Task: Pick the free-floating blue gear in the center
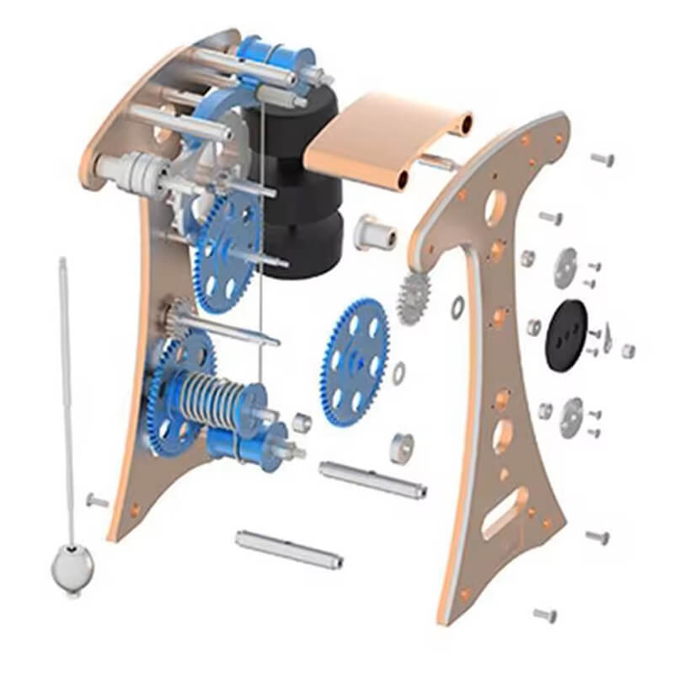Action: pyautogui.click(x=357, y=356)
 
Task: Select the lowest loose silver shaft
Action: pyautogui.click(x=288, y=548)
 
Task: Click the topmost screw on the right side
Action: pyautogui.click(x=602, y=158)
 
